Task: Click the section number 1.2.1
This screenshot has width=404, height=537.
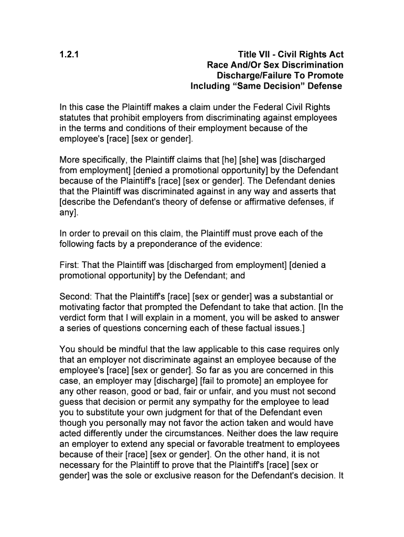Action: pos(69,55)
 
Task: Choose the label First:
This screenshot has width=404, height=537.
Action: pos(70,265)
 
